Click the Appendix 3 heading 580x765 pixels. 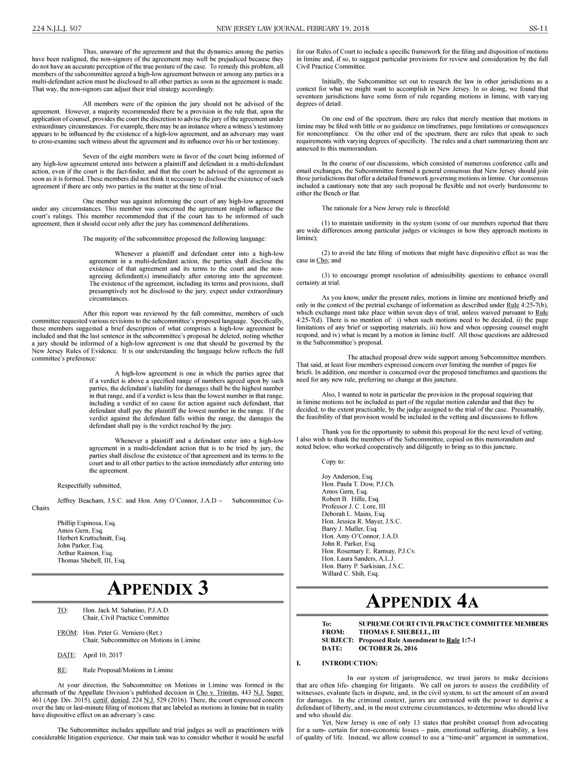158,588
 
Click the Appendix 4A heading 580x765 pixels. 422,601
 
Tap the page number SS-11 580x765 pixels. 537,29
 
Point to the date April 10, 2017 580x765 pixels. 102,655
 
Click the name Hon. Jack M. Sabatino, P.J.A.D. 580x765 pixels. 126,610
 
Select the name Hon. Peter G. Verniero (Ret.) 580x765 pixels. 122,633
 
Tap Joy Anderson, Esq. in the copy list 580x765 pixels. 348,476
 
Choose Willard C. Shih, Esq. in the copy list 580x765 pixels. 350,574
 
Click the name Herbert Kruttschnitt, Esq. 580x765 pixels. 92,538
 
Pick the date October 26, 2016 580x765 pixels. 388,648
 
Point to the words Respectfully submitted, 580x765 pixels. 89,485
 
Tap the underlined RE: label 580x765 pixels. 62,670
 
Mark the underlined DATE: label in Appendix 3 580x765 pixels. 66,655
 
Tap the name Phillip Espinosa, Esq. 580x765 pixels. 87,523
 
